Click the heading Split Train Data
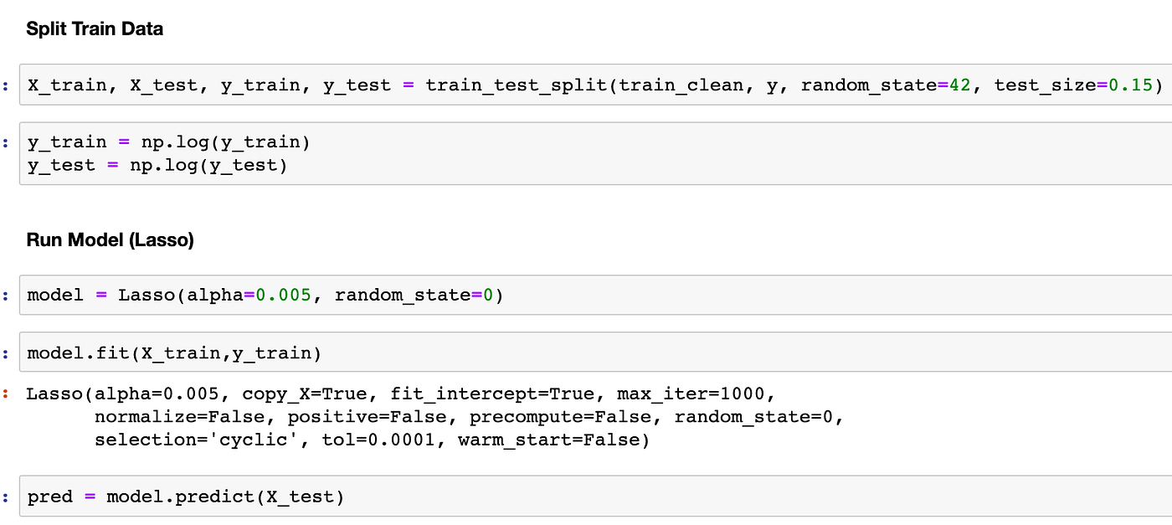click(95, 29)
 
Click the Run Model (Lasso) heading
click(111, 240)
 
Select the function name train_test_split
click(516, 85)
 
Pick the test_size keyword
click(1044, 85)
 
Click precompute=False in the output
click(566, 417)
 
